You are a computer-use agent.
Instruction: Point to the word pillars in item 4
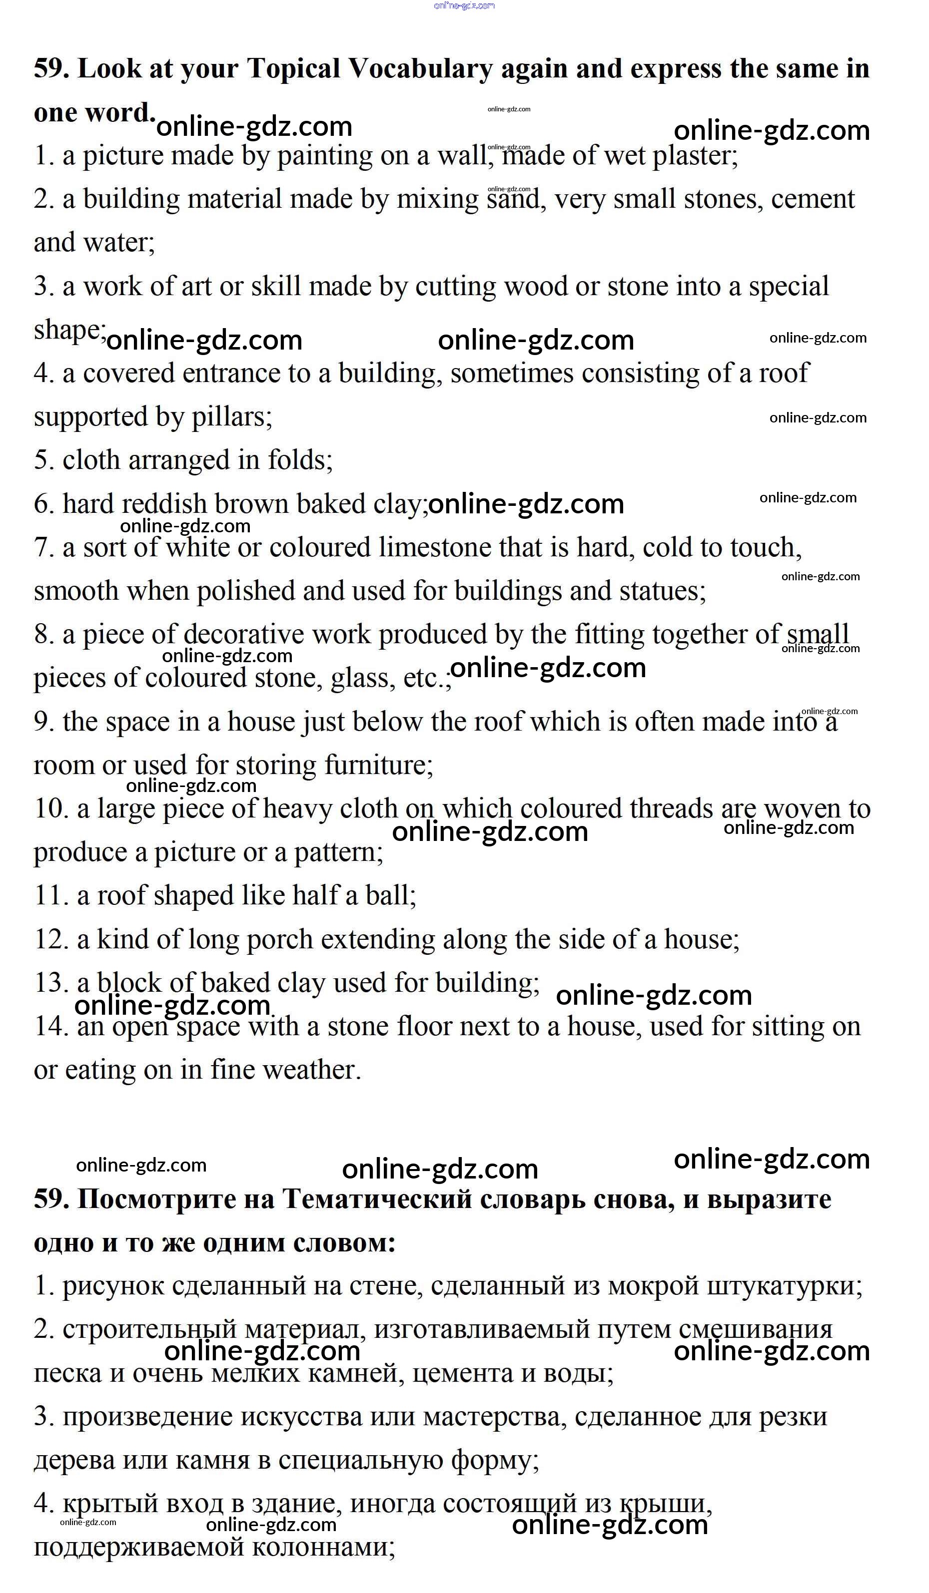click(230, 417)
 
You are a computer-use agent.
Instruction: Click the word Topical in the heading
click(293, 69)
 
